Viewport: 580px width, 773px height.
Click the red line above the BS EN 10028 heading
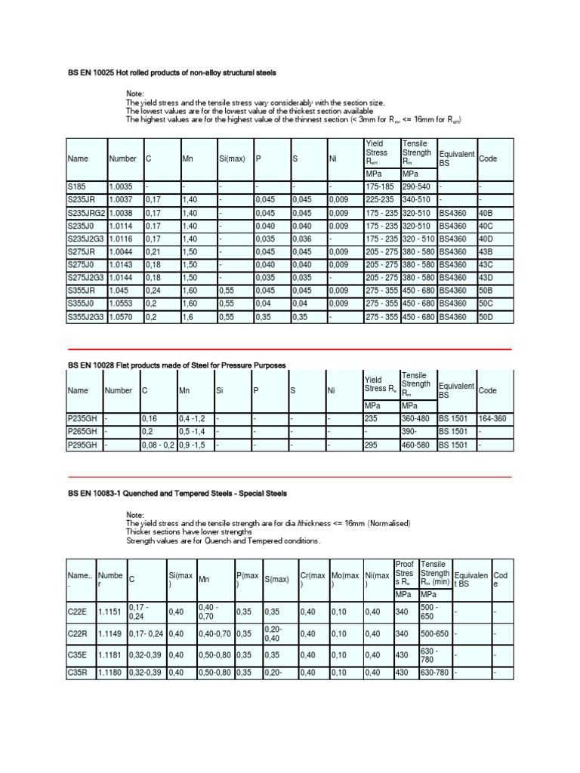(x=290, y=350)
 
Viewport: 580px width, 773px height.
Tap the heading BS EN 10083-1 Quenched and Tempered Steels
(x=177, y=493)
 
